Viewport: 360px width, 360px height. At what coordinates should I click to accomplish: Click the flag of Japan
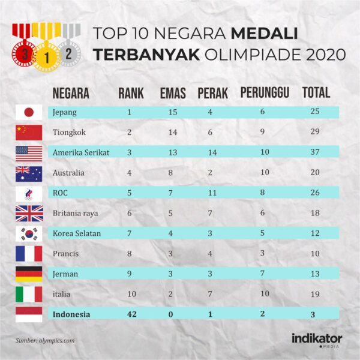pos(29,112)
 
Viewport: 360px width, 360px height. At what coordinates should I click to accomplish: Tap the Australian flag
pos(29,173)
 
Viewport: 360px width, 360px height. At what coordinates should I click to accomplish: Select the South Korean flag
pos(29,234)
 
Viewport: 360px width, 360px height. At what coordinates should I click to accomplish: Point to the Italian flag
pos(29,294)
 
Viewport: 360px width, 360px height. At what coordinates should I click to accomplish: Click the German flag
pos(29,274)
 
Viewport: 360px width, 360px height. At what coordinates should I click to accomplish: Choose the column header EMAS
pos(172,94)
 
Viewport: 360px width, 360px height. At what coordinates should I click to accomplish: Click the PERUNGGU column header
pos(265,93)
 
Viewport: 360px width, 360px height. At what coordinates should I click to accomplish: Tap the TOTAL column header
pos(316,93)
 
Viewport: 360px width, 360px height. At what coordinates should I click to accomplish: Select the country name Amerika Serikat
pos(81,152)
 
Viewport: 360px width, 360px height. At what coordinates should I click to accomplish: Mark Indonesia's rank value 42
pos(129,314)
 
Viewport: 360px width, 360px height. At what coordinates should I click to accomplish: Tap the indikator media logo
pos(317,339)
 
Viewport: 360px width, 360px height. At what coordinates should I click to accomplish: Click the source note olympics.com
pos(45,341)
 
